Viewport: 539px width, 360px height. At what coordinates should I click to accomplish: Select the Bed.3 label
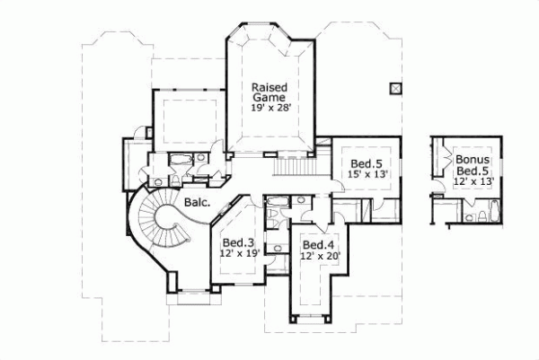pyautogui.click(x=235, y=241)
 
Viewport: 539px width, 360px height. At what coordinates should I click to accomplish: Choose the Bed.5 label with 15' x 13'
pyautogui.click(x=365, y=163)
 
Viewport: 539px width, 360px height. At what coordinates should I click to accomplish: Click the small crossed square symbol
pyautogui.click(x=393, y=87)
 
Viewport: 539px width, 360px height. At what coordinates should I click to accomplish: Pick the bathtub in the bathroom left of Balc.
pyautogui.click(x=178, y=161)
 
